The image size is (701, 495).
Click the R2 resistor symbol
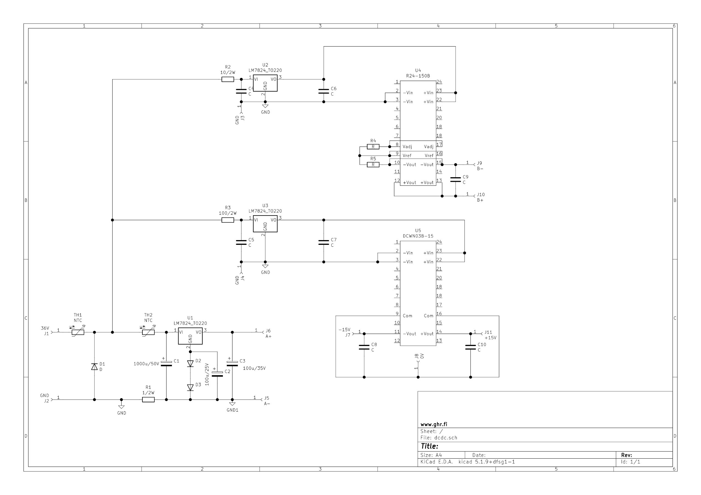point(228,79)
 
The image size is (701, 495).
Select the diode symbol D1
point(94,366)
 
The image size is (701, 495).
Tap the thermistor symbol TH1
point(78,332)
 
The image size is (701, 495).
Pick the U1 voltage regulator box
point(190,336)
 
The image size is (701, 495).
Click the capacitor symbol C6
point(324,91)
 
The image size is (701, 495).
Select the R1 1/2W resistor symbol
point(148,400)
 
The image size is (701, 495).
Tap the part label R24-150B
point(418,76)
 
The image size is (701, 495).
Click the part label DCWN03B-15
point(418,236)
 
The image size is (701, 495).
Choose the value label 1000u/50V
point(146,364)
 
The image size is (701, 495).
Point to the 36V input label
point(45,328)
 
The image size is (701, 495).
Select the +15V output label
point(491,338)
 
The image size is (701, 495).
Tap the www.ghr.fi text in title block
point(433,424)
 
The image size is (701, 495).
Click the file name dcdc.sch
point(446,438)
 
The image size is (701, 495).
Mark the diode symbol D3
point(190,387)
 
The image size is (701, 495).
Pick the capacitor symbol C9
point(456,180)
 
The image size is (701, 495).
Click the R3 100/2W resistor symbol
point(228,220)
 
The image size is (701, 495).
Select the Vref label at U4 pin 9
point(407,156)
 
